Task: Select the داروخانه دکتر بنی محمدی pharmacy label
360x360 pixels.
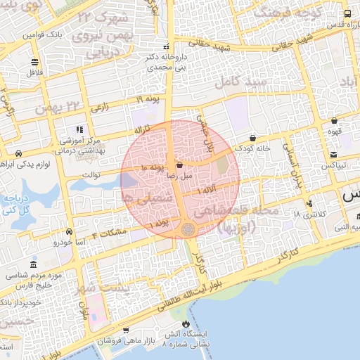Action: tap(167, 62)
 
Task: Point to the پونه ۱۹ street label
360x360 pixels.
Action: tap(148, 101)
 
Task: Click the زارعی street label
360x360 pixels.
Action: tap(101, 108)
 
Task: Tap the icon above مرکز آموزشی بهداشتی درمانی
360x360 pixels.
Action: tap(79, 129)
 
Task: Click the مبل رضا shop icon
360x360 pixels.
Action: tap(179, 165)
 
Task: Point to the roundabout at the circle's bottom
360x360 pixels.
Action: tap(188, 229)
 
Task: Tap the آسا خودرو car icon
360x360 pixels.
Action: tap(69, 231)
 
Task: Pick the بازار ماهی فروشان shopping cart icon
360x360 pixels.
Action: tap(125, 330)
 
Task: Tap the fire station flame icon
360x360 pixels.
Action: tap(186, 325)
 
